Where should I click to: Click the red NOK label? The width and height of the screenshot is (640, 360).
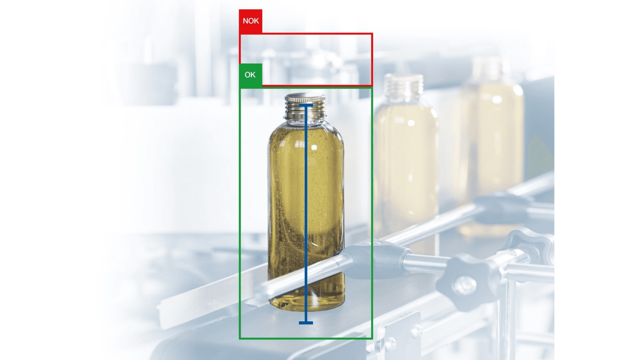250,21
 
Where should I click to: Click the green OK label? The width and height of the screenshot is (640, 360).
250,75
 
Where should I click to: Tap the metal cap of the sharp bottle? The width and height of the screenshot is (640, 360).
305,106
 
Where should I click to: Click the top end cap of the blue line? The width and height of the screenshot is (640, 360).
306,105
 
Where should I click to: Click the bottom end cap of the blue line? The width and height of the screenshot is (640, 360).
306,323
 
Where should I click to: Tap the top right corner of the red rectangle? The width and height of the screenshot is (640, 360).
372,33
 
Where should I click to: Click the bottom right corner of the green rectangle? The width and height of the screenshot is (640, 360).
372,338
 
